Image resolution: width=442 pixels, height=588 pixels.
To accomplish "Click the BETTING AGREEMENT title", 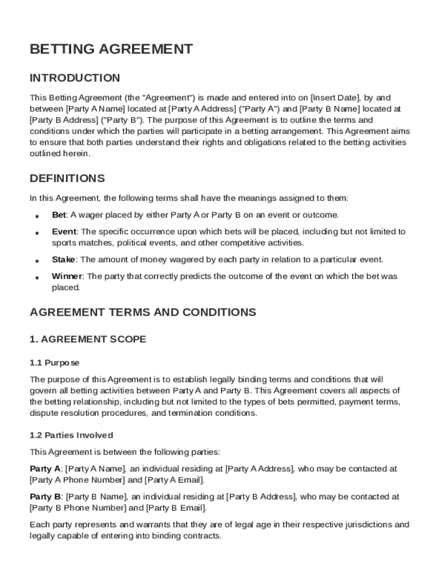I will tap(111, 49).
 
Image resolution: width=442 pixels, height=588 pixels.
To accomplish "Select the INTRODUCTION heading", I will tap(75, 78).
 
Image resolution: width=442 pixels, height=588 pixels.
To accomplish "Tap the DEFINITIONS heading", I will tap(67, 179).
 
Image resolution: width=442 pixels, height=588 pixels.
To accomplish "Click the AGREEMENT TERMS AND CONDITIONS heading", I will tap(142, 312).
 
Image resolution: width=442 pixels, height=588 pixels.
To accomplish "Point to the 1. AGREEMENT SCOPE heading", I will tap(88, 339).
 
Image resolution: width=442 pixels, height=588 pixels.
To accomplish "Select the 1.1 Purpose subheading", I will tap(55, 363).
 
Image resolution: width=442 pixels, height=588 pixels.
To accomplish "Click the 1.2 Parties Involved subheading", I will tap(71, 435).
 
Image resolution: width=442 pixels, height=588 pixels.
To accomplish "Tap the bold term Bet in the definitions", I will tap(59, 215).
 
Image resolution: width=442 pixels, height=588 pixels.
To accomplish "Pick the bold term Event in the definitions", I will tap(64, 231).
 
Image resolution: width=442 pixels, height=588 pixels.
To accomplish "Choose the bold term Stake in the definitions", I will tap(64, 260).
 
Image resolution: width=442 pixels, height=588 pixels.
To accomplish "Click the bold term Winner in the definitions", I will tap(67, 276).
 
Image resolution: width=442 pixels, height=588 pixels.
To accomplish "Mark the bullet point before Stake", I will tap(37, 261).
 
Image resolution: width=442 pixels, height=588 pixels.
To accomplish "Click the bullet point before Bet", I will tap(37, 216).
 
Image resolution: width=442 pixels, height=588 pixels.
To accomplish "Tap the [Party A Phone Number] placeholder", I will tap(77, 480).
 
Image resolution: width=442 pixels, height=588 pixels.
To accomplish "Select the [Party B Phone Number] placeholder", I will tap(77, 508).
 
